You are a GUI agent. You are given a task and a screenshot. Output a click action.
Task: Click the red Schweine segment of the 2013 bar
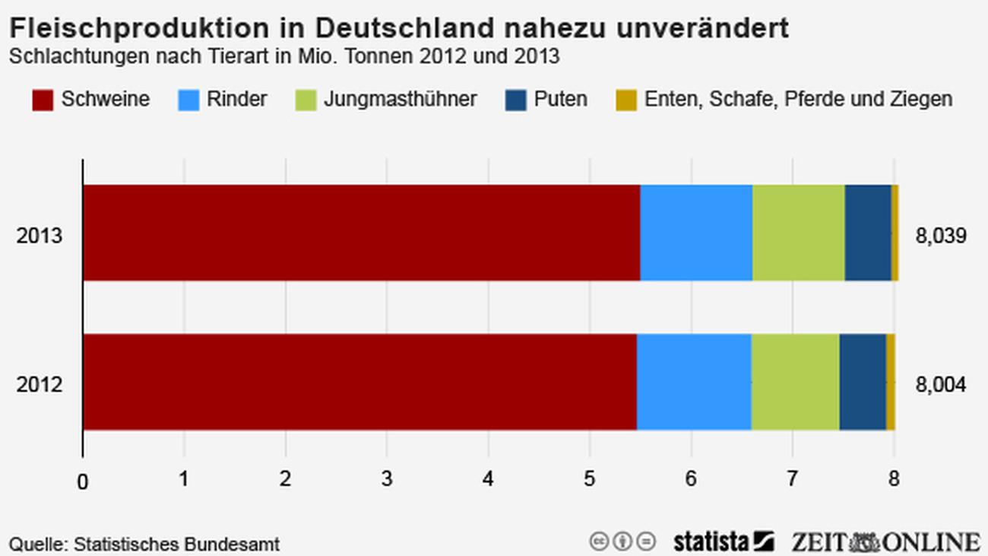coord(361,233)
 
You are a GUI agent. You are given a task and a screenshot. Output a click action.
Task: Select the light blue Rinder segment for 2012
coord(694,382)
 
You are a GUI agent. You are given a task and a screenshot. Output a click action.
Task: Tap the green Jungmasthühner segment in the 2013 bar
coord(798,233)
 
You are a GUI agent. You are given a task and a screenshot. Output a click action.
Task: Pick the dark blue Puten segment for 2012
coord(863,382)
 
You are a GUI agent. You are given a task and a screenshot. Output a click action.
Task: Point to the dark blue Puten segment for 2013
coord(868,233)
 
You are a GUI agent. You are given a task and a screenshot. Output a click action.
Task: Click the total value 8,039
coord(941,237)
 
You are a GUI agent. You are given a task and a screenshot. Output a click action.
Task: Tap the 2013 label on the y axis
coord(40,237)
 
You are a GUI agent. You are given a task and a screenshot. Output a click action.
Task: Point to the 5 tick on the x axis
coord(590,480)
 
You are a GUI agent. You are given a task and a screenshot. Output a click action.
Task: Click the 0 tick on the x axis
coord(83,481)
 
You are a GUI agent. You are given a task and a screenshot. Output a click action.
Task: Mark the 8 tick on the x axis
coord(894,480)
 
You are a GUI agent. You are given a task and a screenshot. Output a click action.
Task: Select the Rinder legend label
coord(237,100)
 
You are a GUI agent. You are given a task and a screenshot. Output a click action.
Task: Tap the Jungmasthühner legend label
coord(401,100)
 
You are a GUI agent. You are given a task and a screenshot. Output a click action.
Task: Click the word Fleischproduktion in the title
coord(138,28)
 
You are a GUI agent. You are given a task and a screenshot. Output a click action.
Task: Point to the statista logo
coord(723,542)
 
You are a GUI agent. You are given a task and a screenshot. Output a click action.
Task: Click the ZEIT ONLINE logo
coord(885,542)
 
